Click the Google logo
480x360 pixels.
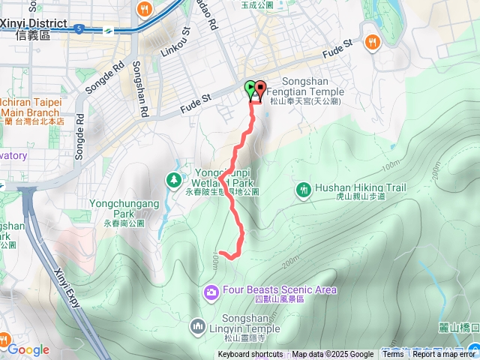pos(28,349)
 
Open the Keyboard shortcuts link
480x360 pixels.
pos(250,355)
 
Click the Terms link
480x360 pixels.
pos(392,355)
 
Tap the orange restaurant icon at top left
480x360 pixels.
pos(145,9)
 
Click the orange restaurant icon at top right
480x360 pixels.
pos(370,42)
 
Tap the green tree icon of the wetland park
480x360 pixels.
pos(174,179)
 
